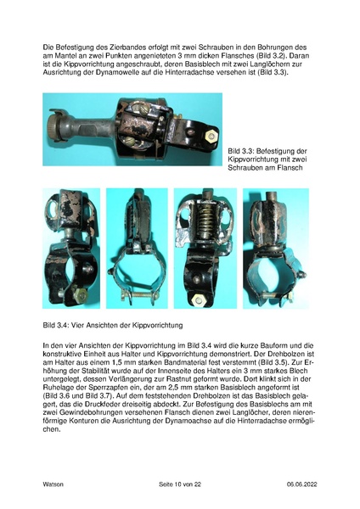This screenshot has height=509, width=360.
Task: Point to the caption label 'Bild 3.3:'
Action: pos(242,149)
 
